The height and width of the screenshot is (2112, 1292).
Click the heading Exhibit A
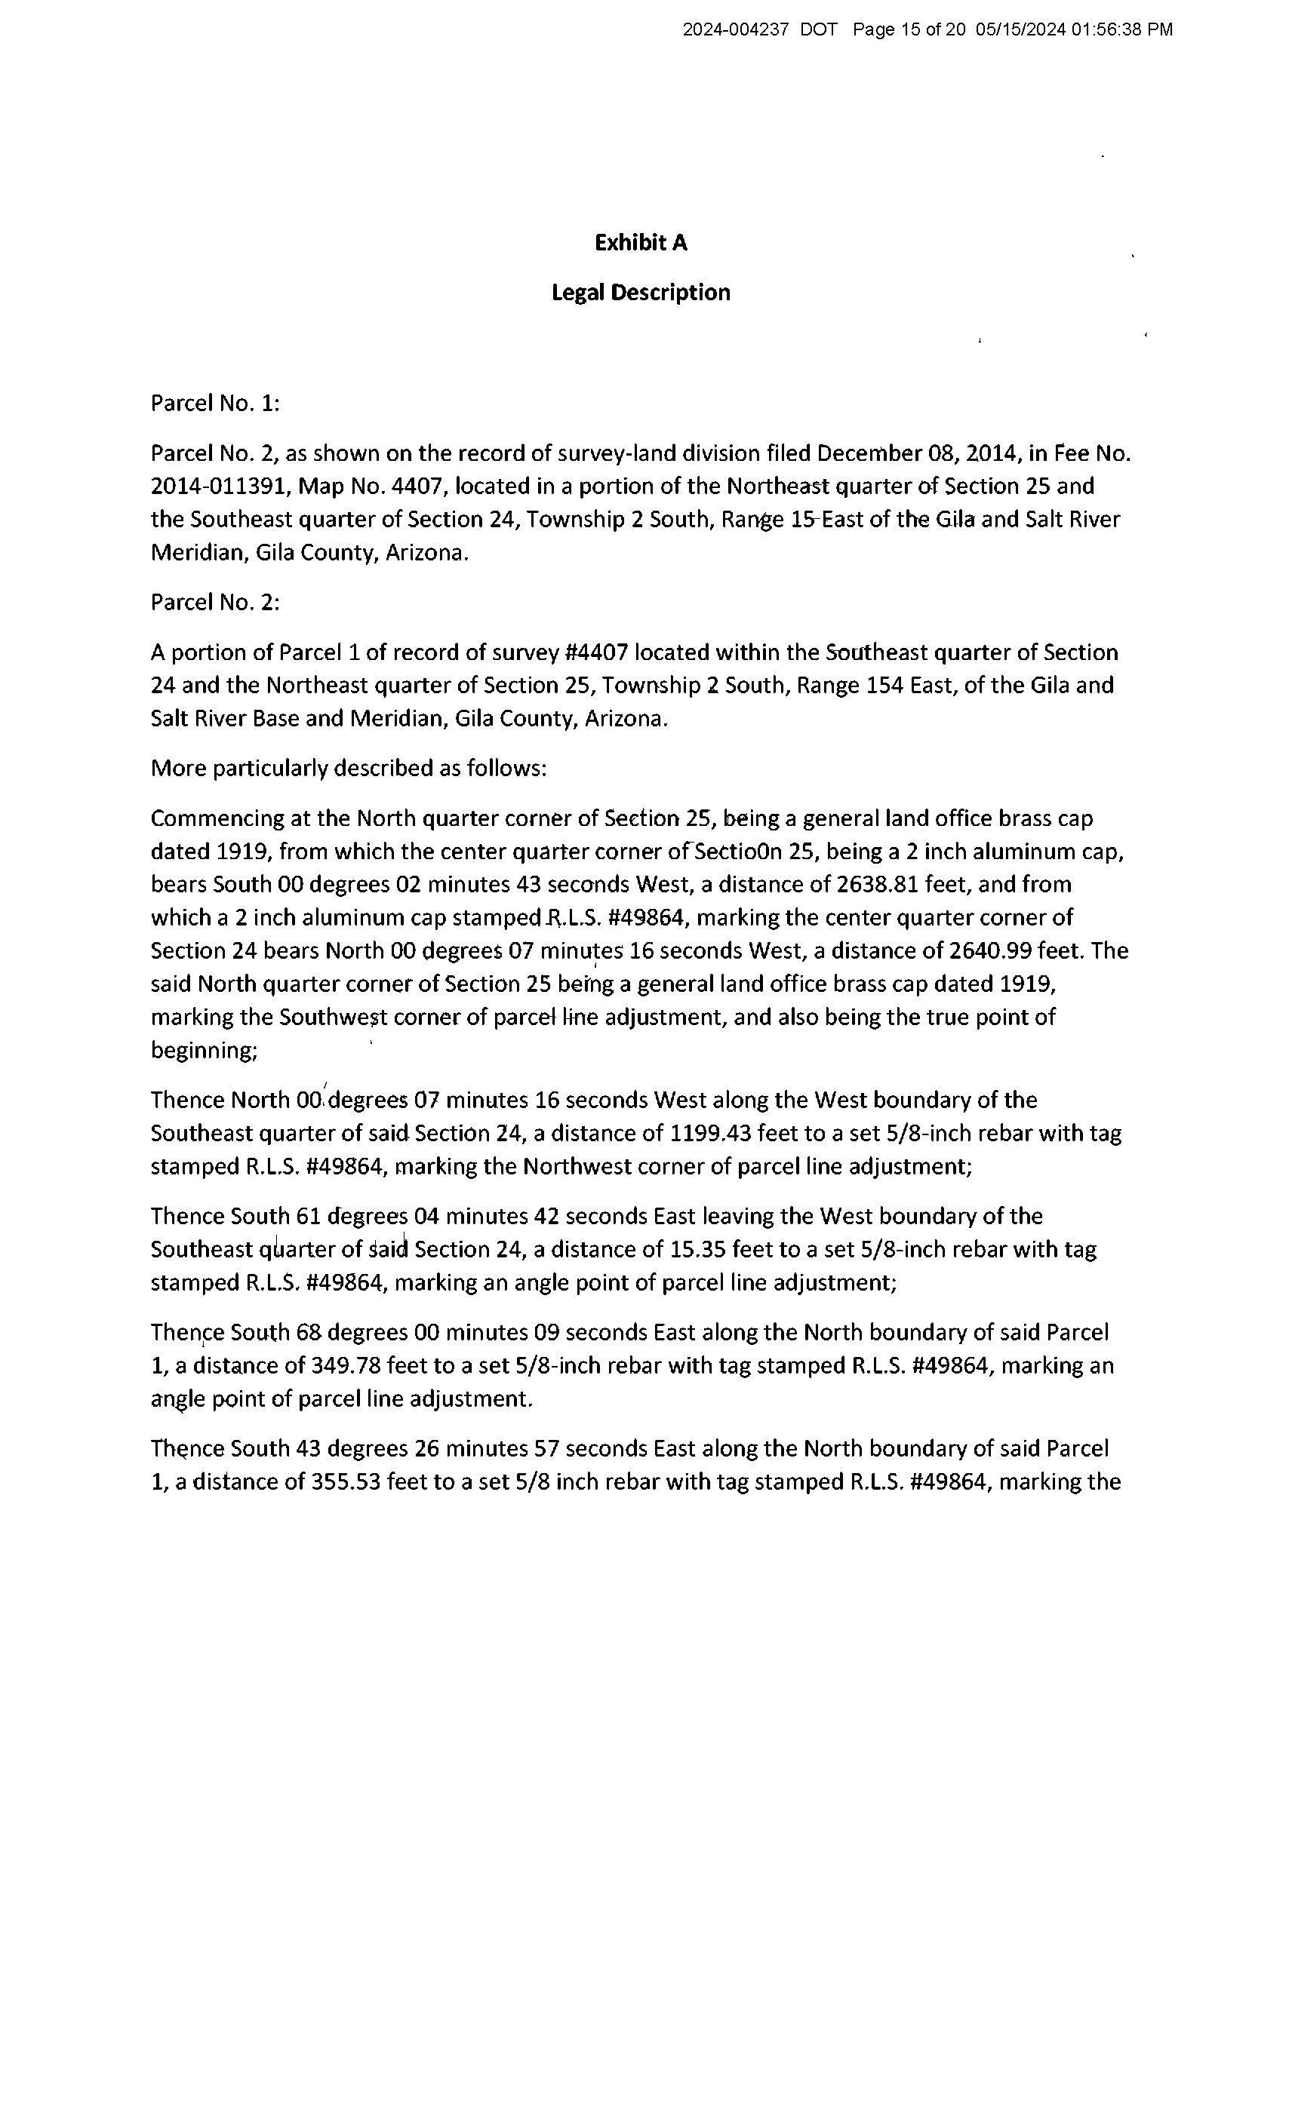click(641, 244)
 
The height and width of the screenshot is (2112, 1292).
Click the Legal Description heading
click(641, 293)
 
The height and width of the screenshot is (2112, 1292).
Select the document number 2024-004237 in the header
click(735, 30)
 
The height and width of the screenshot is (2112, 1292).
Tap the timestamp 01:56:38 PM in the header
click(1121, 30)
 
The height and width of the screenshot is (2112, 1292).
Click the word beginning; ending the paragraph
click(204, 1051)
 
